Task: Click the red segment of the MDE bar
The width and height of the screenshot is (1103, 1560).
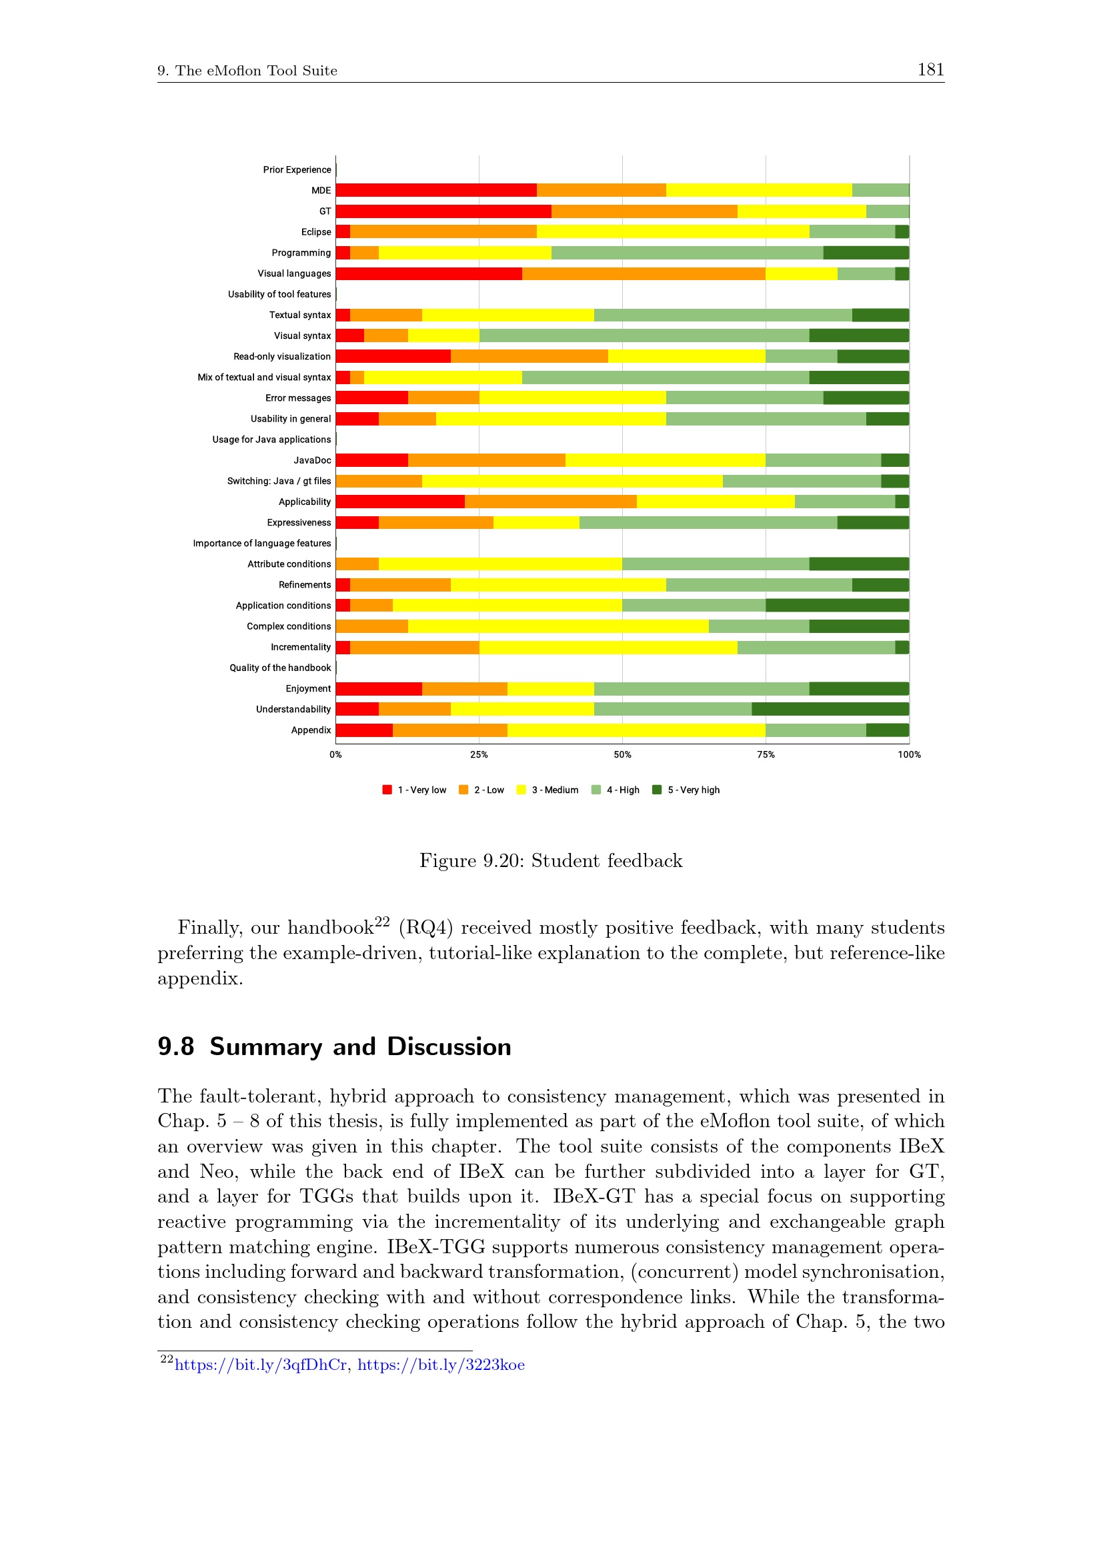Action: (x=436, y=190)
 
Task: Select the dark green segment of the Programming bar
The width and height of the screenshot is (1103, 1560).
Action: (x=866, y=253)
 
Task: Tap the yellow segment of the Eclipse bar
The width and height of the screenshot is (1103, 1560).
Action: (x=672, y=231)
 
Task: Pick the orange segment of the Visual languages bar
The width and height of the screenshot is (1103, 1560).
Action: (x=643, y=274)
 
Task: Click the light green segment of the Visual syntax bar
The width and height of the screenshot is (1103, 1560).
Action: (x=644, y=335)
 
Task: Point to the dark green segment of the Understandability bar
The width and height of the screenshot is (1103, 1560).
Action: (x=830, y=710)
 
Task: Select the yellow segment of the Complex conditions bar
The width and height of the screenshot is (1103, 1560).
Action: (x=558, y=626)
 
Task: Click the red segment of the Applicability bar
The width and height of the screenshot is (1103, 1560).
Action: (x=400, y=502)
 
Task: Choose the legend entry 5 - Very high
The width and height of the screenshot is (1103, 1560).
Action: (x=686, y=790)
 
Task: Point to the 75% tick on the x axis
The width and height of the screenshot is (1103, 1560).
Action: (x=766, y=754)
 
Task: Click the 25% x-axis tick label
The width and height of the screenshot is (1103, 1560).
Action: (x=479, y=754)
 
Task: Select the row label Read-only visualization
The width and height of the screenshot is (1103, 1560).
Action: (x=282, y=357)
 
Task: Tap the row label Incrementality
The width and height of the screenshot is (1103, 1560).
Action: (x=300, y=647)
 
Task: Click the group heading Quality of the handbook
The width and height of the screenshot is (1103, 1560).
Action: (x=280, y=668)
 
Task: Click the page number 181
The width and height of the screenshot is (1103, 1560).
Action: (x=930, y=69)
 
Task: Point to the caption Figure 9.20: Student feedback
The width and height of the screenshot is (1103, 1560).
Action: (x=551, y=861)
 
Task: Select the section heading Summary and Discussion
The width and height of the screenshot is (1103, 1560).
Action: (x=360, y=1047)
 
